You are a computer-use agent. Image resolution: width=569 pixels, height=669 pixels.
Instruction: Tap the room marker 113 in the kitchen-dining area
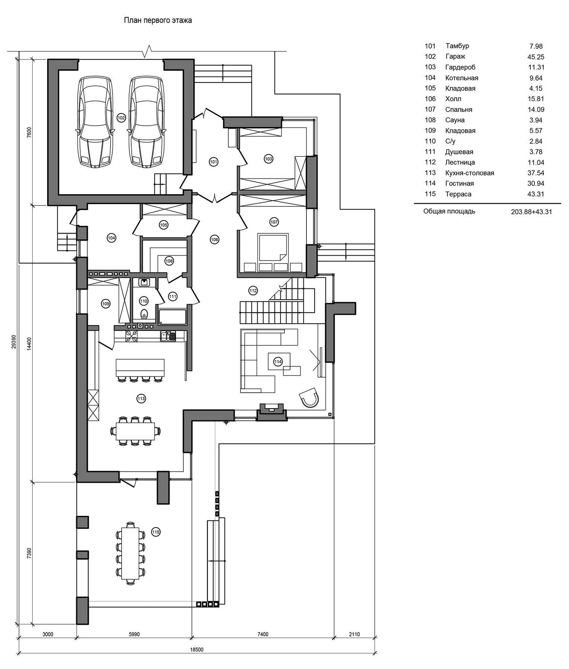[x=141, y=399]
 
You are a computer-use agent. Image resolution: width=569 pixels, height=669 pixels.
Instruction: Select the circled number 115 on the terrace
[x=156, y=532]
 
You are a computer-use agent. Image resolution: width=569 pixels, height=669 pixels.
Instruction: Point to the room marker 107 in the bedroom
[x=274, y=222]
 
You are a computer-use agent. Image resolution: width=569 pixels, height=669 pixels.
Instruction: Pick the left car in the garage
[x=94, y=121]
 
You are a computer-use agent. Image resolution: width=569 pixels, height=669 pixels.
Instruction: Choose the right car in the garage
[x=147, y=121]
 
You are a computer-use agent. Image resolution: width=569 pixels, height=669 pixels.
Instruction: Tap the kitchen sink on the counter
[x=168, y=336]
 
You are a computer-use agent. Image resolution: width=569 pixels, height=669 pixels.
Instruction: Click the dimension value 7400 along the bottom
[x=263, y=634]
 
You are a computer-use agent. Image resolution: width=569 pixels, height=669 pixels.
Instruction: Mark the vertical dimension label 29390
[x=14, y=341]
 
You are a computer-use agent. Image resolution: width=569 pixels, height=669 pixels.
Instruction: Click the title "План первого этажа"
[x=158, y=20]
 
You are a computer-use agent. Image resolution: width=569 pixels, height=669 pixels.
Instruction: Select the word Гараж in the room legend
[x=455, y=56]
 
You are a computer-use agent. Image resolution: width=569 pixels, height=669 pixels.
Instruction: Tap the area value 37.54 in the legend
[x=536, y=173]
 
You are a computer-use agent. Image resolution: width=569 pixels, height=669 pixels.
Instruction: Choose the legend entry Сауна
[x=455, y=120]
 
